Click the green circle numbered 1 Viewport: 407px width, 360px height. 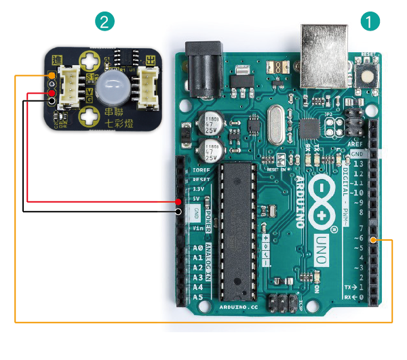[369, 21]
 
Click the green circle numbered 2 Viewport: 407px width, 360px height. [104, 21]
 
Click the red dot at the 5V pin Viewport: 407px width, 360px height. [178, 201]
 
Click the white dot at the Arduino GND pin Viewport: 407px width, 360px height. [178, 211]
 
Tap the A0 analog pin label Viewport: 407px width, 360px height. [197, 248]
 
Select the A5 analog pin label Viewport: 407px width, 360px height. [197, 297]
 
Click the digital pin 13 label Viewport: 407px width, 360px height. [357, 163]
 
